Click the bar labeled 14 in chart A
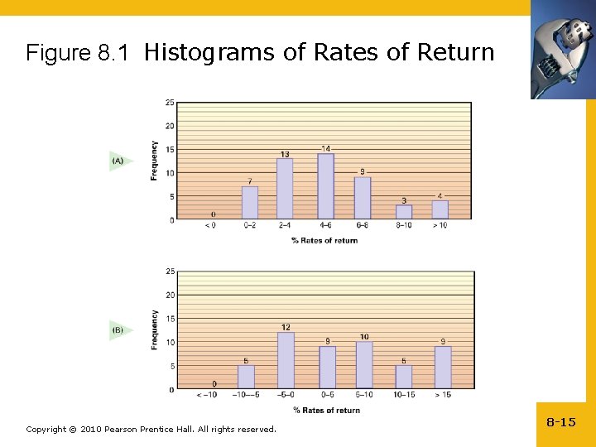coord(325,187)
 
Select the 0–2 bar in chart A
coord(249,203)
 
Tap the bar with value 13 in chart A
coord(284,189)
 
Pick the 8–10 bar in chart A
coord(403,212)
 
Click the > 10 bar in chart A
coord(440,210)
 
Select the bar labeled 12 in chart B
coord(286,360)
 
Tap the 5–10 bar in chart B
coord(364,365)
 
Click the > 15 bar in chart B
coord(443,368)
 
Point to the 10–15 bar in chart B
coord(404,377)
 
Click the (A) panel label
coord(118,161)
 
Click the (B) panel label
coord(118,329)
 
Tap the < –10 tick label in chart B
coord(208,396)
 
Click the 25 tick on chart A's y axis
coord(169,103)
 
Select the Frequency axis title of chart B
coord(155,329)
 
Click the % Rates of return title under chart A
coord(324,241)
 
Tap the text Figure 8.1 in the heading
coord(77,54)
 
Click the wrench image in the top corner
coord(562,49)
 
